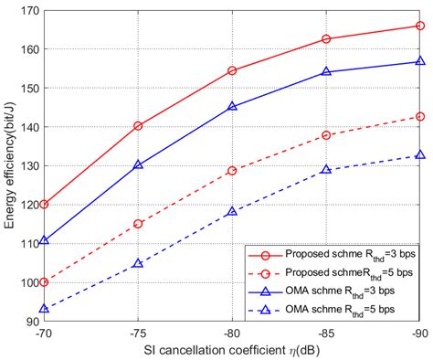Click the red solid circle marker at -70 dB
(x=44, y=205)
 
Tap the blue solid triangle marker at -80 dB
(x=232, y=106)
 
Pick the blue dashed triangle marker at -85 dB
(x=326, y=170)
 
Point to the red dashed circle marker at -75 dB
(x=138, y=224)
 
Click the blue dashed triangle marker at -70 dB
(x=44, y=309)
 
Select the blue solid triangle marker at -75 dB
(x=138, y=165)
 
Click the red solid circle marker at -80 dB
(x=232, y=70)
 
